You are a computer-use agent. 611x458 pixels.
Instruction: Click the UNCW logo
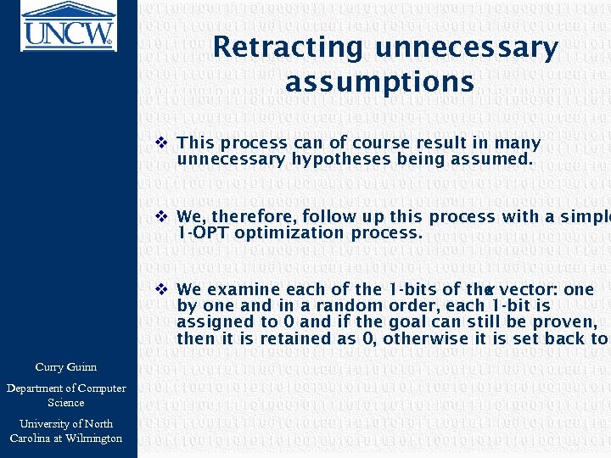click(68, 25)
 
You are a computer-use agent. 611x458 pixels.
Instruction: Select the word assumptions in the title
click(379, 82)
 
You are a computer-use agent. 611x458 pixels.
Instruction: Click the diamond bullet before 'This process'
click(162, 142)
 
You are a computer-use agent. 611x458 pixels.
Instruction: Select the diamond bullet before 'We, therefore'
click(162, 216)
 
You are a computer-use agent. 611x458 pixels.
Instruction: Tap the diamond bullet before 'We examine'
click(162, 289)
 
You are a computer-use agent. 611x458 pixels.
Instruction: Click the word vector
click(531, 289)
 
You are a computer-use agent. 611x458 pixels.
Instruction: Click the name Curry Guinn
click(66, 367)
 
